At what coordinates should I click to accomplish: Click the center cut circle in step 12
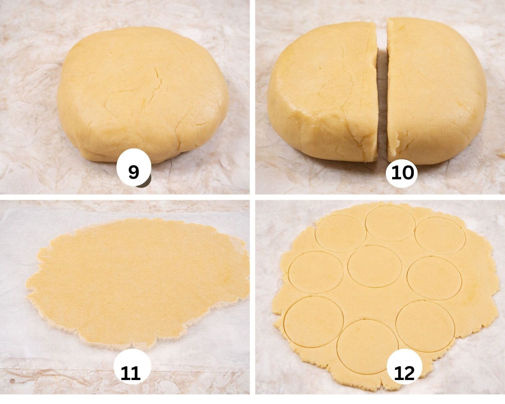[x=374, y=266]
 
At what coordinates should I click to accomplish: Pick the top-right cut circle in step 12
[x=440, y=235]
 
